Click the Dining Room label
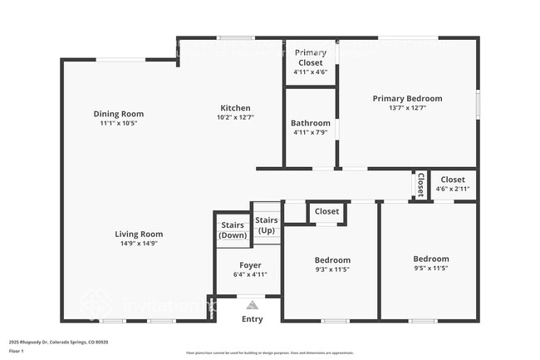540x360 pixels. click(x=118, y=114)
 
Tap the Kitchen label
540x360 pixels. click(x=235, y=108)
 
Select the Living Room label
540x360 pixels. click(x=139, y=234)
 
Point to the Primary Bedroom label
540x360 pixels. click(x=407, y=98)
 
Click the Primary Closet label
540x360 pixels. click(x=311, y=57)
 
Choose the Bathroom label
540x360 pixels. click(x=311, y=123)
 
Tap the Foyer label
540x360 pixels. click(x=250, y=264)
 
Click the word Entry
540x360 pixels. click(x=252, y=319)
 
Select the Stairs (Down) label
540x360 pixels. click(x=233, y=230)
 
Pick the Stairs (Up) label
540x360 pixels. click(x=267, y=224)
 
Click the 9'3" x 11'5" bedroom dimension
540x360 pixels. click(x=331, y=269)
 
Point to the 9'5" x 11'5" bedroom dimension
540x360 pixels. click(x=430, y=269)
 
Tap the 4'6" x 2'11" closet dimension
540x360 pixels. click(x=453, y=190)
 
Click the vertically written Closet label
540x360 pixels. click(x=420, y=185)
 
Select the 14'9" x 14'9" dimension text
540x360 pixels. click(x=139, y=244)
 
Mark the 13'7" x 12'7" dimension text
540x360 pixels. click(x=407, y=107)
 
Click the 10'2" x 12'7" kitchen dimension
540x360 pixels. click(x=235, y=118)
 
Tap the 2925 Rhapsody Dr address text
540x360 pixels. click(x=58, y=342)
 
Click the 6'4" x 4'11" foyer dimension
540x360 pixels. click(x=250, y=274)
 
